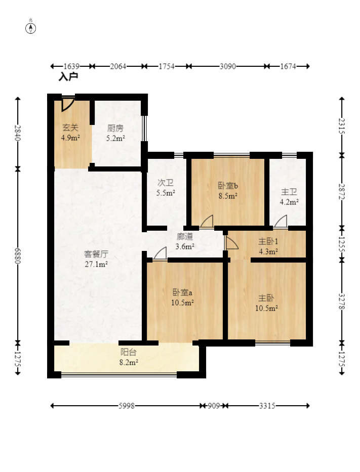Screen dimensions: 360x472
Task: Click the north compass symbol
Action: pyautogui.click(x=30, y=28)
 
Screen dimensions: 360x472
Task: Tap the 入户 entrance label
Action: pyautogui.click(x=68, y=77)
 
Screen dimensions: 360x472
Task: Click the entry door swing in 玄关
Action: pyautogui.click(x=68, y=104)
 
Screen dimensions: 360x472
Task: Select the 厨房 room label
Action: pyautogui.click(x=115, y=128)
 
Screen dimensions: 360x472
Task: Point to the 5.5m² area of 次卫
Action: pyautogui.click(x=166, y=193)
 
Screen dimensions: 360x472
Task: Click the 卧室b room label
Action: pyautogui.click(x=228, y=186)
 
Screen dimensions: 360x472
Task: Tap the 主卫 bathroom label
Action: pyautogui.click(x=289, y=192)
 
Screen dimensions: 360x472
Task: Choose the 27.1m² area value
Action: pyautogui.click(x=96, y=264)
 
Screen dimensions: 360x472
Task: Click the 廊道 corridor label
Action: pyautogui.click(x=185, y=237)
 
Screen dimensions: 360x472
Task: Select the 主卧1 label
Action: pyautogui.click(x=268, y=241)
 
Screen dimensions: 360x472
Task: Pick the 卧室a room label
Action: pyautogui.click(x=183, y=292)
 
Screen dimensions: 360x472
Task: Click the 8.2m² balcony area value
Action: pyautogui.click(x=129, y=362)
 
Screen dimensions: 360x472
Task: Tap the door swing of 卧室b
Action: pyautogui.click(x=207, y=221)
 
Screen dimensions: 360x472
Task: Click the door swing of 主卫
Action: pyautogui.click(x=281, y=221)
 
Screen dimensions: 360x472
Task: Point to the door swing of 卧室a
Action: pyautogui.click(x=160, y=253)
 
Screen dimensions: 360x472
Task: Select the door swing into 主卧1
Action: pyautogui.click(x=232, y=243)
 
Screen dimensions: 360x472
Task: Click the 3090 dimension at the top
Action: pyautogui.click(x=228, y=66)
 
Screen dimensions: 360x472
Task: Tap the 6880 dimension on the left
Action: pyautogui.click(x=18, y=256)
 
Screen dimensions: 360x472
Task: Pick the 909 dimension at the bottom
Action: pyautogui.click(x=214, y=406)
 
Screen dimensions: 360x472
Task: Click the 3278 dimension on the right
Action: pyautogui.click(x=342, y=302)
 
